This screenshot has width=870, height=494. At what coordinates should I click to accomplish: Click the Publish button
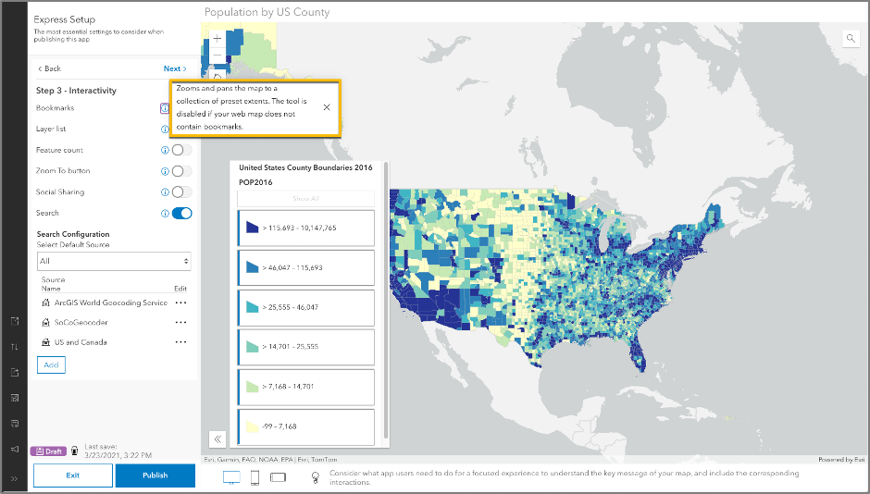click(x=155, y=475)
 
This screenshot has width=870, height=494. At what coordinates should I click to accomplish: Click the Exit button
click(x=73, y=475)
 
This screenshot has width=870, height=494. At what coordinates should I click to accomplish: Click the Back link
click(x=49, y=68)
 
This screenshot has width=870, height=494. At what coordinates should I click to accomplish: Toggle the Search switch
click(x=182, y=214)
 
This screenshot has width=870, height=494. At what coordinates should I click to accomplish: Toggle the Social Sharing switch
click(x=182, y=192)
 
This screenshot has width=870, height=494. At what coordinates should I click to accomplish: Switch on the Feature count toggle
click(x=182, y=150)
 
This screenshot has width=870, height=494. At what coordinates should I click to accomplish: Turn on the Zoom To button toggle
click(x=182, y=171)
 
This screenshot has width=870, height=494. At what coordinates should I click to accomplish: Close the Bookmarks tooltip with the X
click(x=327, y=107)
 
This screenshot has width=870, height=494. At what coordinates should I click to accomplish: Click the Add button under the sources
click(x=51, y=365)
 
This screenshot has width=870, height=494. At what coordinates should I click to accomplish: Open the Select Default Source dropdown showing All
click(x=114, y=262)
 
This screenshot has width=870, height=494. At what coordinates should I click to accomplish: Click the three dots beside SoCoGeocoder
click(x=181, y=323)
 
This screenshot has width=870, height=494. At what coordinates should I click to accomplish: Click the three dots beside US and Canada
click(x=181, y=342)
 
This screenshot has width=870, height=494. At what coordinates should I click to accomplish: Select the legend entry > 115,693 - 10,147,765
click(x=306, y=228)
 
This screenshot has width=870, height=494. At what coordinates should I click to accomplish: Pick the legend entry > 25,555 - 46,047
click(x=306, y=307)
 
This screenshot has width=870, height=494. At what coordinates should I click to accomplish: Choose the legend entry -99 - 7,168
click(x=306, y=427)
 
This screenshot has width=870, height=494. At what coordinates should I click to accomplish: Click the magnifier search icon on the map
click(x=851, y=39)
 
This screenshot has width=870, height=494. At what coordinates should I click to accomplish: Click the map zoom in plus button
click(x=217, y=40)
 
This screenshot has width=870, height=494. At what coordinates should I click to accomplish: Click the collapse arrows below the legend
click(x=217, y=439)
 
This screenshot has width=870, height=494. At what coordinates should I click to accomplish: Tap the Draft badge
click(x=48, y=451)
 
